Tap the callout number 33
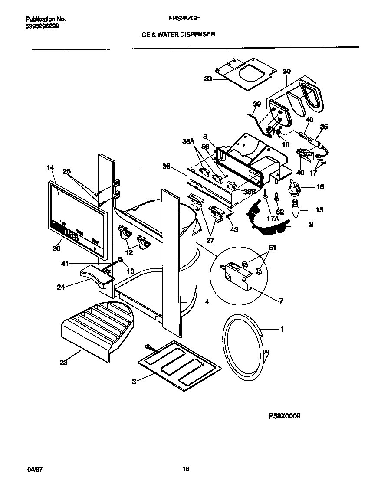click(208, 79)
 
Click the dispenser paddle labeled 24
click(96, 276)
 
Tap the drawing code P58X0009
click(281, 416)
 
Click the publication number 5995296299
click(43, 26)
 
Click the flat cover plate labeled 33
click(247, 72)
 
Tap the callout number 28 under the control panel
click(56, 248)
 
